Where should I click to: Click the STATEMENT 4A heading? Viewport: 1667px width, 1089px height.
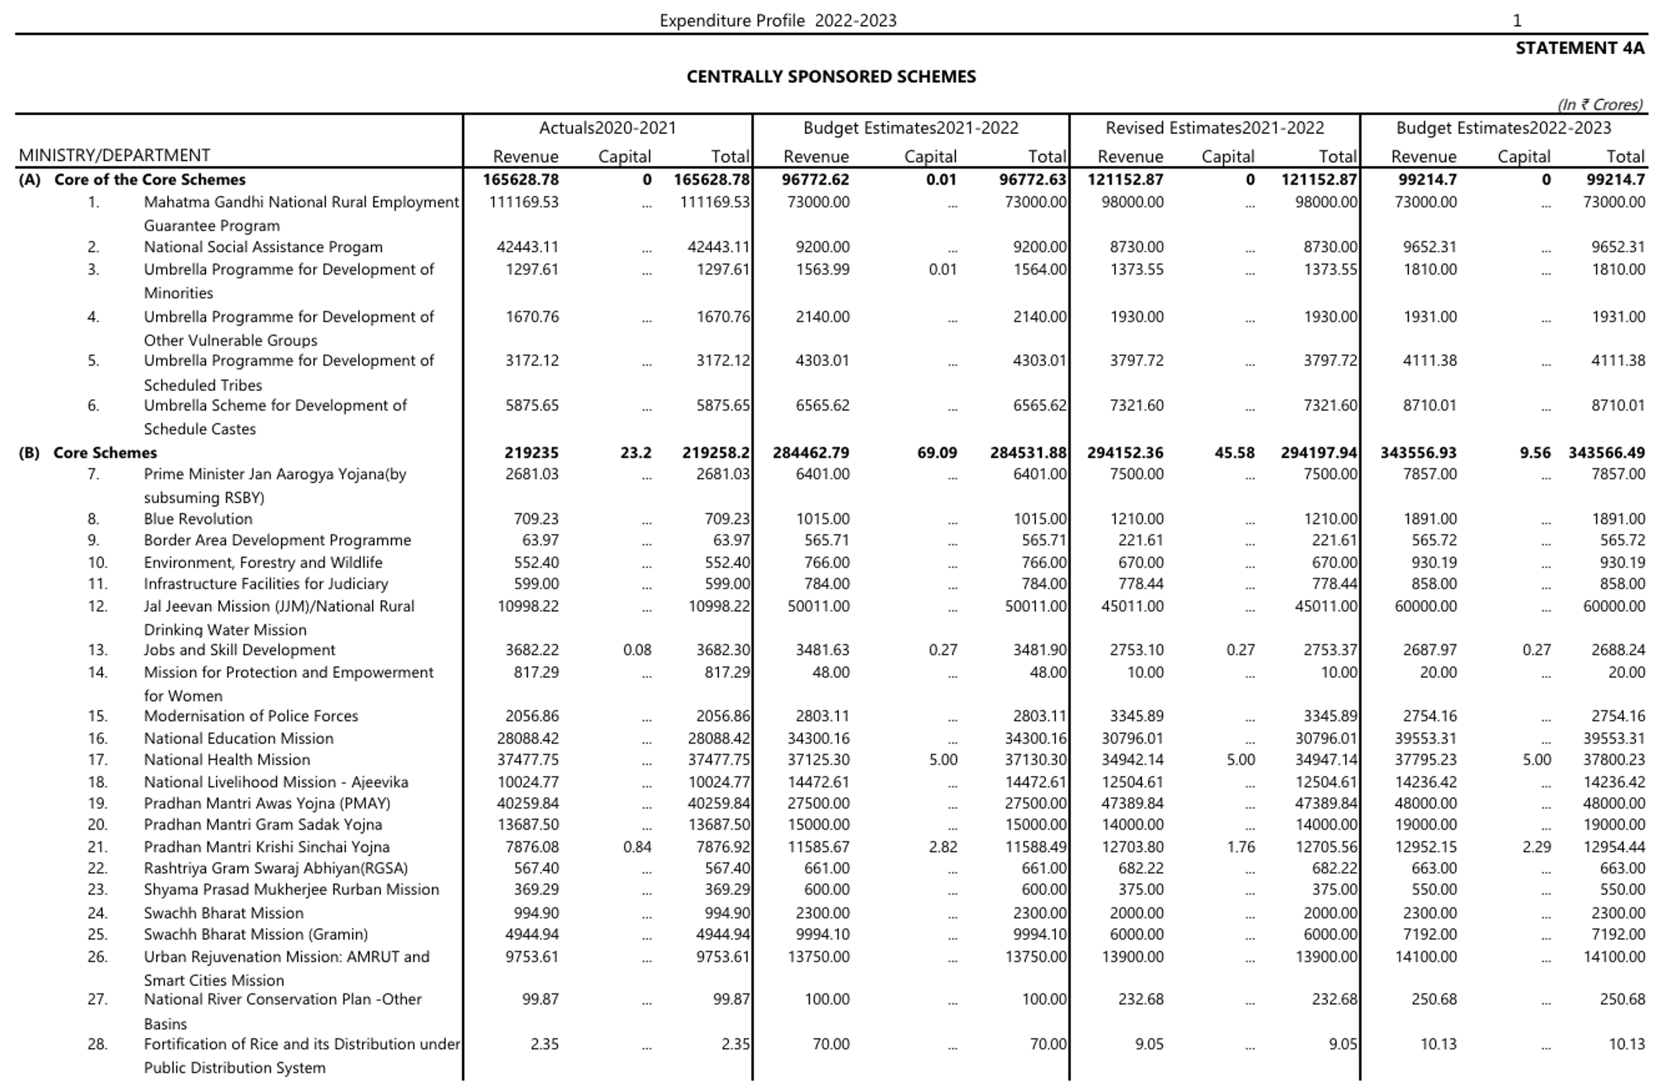(x=1579, y=48)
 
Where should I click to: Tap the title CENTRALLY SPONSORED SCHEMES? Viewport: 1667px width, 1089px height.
(x=831, y=77)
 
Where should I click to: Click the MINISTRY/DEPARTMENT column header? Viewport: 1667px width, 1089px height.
(x=114, y=155)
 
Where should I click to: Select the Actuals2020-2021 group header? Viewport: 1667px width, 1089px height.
(x=607, y=128)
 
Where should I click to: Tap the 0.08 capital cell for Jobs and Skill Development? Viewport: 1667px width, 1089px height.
(x=637, y=650)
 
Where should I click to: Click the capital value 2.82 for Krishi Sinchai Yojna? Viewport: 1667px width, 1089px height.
(x=943, y=847)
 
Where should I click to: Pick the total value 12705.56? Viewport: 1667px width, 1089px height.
(x=1325, y=847)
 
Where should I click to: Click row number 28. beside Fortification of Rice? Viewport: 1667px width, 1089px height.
(x=97, y=1044)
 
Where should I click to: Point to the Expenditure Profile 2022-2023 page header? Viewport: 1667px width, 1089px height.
(x=777, y=21)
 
